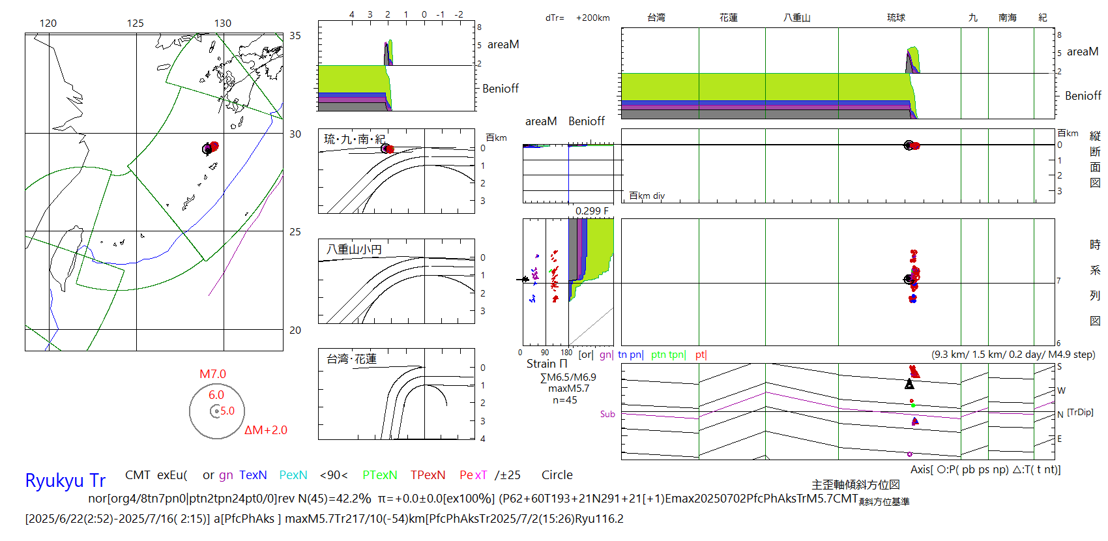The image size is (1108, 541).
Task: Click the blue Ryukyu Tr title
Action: (65, 480)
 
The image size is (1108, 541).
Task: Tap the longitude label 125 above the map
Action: (135, 23)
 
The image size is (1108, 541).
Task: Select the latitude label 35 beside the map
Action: (295, 36)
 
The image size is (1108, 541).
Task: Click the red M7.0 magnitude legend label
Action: (212, 374)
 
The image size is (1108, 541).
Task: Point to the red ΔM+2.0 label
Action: (265, 430)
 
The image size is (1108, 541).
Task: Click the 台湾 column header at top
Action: (656, 18)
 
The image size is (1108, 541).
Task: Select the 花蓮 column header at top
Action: (729, 18)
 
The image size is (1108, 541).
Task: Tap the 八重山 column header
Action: (796, 18)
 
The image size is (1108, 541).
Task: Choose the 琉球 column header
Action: (896, 18)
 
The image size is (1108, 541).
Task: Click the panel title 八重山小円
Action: (354, 249)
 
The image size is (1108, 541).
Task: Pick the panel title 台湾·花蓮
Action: (351, 358)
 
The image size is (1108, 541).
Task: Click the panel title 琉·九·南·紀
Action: (355, 139)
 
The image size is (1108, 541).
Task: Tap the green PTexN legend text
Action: (379, 475)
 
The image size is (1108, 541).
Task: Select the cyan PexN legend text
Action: (293, 475)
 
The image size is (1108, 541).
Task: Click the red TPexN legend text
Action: (428, 475)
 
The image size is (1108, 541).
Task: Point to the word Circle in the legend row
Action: (557, 475)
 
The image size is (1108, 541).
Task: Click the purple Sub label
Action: (607, 414)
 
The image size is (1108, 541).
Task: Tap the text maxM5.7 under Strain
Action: (568, 388)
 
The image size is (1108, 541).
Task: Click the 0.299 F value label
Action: (592, 211)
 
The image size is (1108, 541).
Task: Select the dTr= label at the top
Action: (555, 18)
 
